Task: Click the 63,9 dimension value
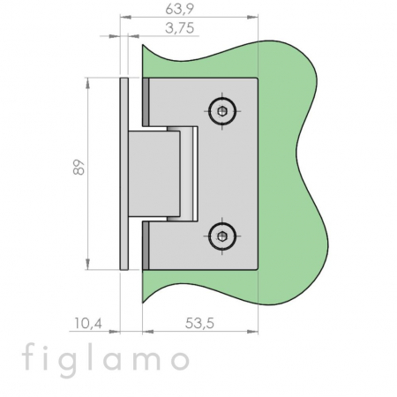coord(179,9)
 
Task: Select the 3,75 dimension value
coord(179,28)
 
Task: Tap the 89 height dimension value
coord(79,168)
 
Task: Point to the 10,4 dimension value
coord(87,324)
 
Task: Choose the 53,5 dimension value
coord(199,324)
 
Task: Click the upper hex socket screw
coord(222,111)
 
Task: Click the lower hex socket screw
coord(222,236)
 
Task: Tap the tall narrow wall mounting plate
coord(124,174)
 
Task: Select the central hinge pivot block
coord(154,174)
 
